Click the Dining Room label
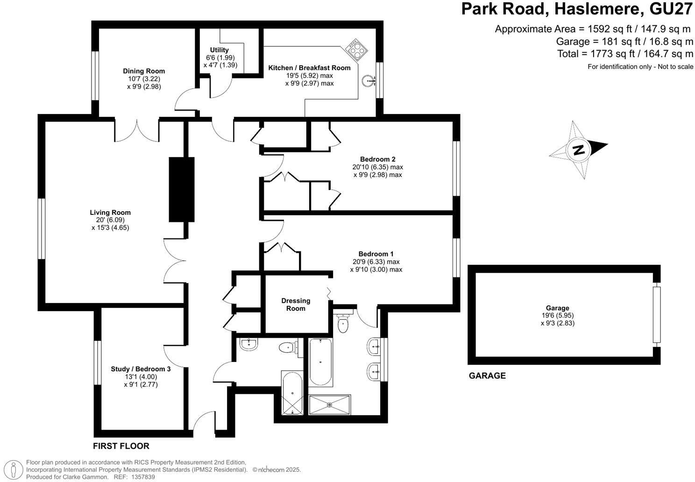pyautogui.click(x=144, y=71)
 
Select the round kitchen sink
pyautogui.click(x=369, y=81)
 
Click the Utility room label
pyautogui.click(x=219, y=50)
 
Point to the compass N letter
pyautogui.click(x=579, y=150)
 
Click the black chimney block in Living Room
pyautogui.click(x=181, y=189)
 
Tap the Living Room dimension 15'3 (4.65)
pyautogui.click(x=110, y=228)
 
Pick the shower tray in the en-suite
pyautogui.click(x=329, y=404)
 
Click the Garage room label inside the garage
pyautogui.click(x=558, y=308)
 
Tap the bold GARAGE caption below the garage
pyautogui.click(x=487, y=376)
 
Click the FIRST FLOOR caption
pyautogui.click(x=121, y=446)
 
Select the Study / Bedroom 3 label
pyautogui.click(x=141, y=369)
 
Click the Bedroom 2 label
pyautogui.click(x=377, y=159)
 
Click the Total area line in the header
pyautogui.click(x=625, y=54)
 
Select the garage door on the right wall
pyautogui.click(x=657, y=315)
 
